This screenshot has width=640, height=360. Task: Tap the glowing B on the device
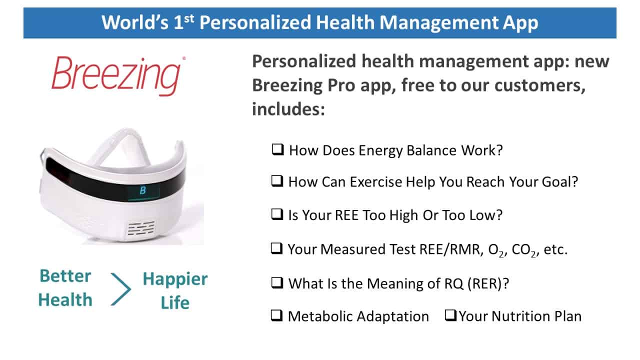143,190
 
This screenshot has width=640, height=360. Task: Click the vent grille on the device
141,228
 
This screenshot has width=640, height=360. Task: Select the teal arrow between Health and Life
121,289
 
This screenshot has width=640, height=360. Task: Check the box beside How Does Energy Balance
277,149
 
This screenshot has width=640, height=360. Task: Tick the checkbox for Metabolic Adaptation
276,315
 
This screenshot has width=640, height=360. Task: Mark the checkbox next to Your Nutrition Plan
450,315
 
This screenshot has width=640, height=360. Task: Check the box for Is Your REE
277,214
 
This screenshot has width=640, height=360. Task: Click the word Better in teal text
65,276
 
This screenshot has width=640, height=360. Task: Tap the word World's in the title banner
135,22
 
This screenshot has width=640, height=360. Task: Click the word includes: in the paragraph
288,109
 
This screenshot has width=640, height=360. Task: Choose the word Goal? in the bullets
560,182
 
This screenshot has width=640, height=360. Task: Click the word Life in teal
175,302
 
